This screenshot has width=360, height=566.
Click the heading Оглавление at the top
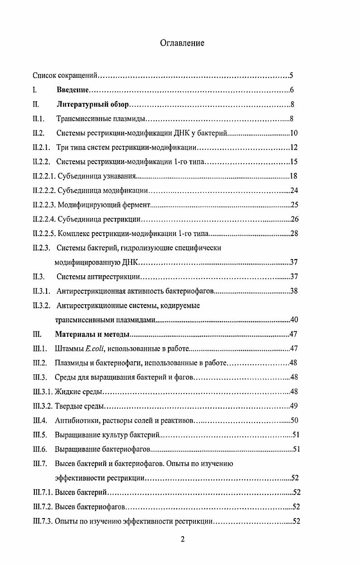[x=182, y=43]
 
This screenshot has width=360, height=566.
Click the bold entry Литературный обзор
[x=93, y=104]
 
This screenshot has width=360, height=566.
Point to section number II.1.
[x=38, y=119]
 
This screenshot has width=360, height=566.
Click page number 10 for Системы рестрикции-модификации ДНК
[x=294, y=133]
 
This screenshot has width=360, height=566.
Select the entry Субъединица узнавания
[x=97, y=176]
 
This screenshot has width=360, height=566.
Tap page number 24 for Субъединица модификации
[x=294, y=191]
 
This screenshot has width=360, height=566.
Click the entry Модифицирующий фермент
[x=104, y=205]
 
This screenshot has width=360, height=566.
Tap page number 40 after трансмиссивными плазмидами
[x=294, y=320]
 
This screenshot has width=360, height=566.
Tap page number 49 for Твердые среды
[x=294, y=406]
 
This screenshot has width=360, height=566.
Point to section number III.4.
[x=40, y=420]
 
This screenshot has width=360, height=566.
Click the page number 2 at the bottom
[x=182, y=539]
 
